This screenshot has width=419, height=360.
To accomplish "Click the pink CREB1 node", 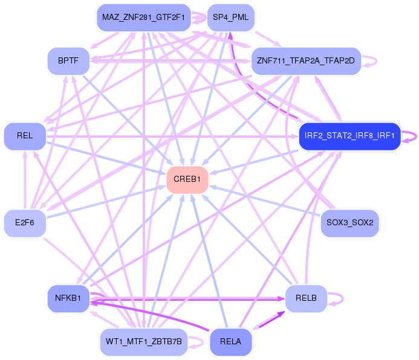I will (x=187, y=179).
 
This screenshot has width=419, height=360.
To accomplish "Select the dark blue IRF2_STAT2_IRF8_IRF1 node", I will (x=349, y=136).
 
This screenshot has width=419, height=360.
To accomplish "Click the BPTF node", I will (x=69, y=60).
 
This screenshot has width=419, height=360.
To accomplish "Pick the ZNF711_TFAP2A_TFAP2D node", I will (x=306, y=61).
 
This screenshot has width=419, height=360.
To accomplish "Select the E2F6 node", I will (x=25, y=223).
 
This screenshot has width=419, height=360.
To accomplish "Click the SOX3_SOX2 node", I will (x=349, y=223).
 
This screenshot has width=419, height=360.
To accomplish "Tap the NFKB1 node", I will (x=68, y=298).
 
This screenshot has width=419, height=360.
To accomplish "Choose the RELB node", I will (x=306, y=298).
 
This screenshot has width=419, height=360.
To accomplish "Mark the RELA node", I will (x=230, y=342).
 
